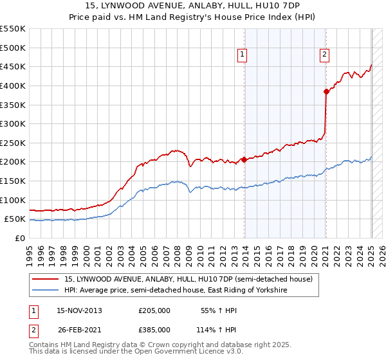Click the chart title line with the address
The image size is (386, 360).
coord(192,6)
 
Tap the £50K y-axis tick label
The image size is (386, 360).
coord(15,219)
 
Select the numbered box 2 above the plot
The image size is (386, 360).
coord(325,55)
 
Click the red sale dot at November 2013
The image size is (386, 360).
coord(244,159)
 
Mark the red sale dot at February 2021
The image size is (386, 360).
coord(327,91)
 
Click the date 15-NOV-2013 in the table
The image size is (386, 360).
coord(79,310)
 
